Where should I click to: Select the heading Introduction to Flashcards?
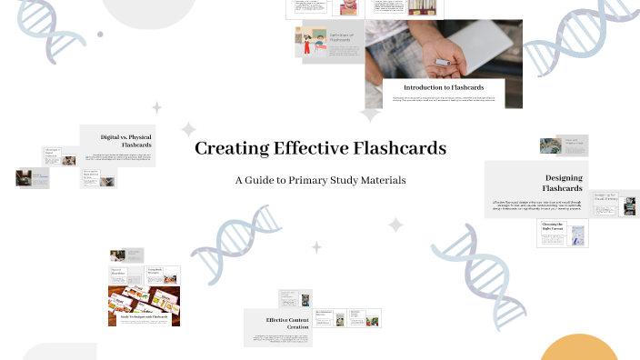coord(444,87)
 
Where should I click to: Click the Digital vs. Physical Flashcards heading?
coord(125,141)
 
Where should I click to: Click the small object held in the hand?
coord(443,62)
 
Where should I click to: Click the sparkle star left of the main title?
coord(188,130)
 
